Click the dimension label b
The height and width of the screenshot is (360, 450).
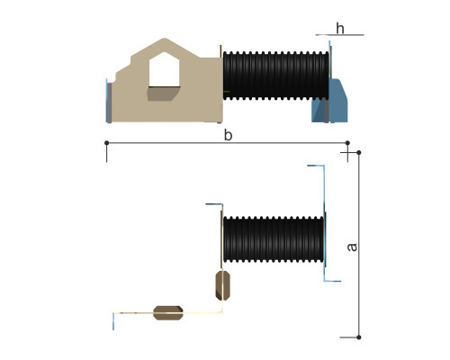click(228, 135)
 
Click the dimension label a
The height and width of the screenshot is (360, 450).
click(352, 247)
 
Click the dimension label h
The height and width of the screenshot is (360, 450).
click(340, 29)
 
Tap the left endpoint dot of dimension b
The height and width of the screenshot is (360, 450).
click(106, 143)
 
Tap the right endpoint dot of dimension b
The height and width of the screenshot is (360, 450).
click(347, 143)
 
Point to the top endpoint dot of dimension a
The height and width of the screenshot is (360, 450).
click(359, 153)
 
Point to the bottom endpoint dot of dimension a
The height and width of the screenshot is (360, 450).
click(359, 337)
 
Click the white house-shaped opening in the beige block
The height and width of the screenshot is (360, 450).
click(164, 69)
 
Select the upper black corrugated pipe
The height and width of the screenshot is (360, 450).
click(275, 76)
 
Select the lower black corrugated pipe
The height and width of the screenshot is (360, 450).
click(274, 239)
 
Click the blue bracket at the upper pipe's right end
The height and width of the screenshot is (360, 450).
click(336, 101)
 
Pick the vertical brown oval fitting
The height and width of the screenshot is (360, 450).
click(222, 285)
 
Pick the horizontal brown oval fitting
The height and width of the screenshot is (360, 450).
click(168, 313)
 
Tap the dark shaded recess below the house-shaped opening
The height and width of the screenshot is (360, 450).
click(164, 94)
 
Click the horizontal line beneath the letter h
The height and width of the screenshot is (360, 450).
click(339, 35)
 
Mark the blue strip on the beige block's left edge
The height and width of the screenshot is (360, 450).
click(108, 101)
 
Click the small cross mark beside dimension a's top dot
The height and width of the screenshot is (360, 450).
click(347, 153)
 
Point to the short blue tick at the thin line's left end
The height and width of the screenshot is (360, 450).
click(113, 321)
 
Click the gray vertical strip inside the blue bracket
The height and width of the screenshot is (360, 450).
click(327, 110)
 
